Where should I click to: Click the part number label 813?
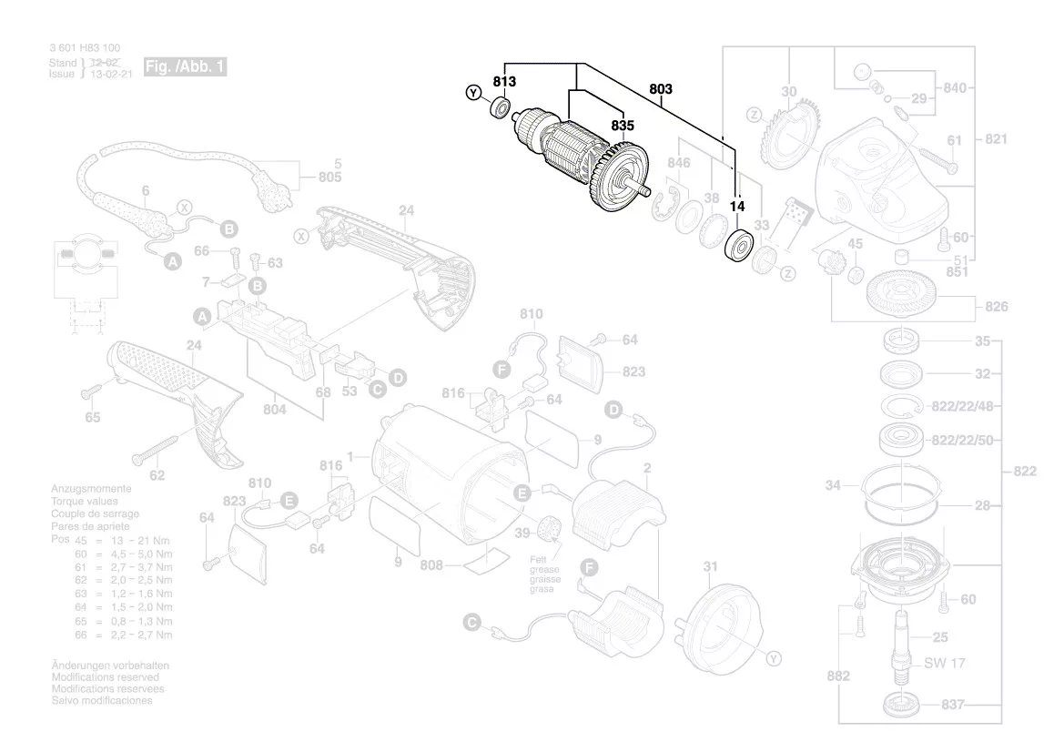click(x=504, y=82)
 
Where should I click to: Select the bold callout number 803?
click(x=661, y=89)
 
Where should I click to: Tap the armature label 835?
click(x=623, y=127)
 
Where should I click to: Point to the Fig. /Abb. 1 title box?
click(x=184, y=68)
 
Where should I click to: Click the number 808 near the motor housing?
click(x=431, y=565)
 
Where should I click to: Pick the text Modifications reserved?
click(x=105, y=677)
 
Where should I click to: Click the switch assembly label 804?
click(x=274, y=410)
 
